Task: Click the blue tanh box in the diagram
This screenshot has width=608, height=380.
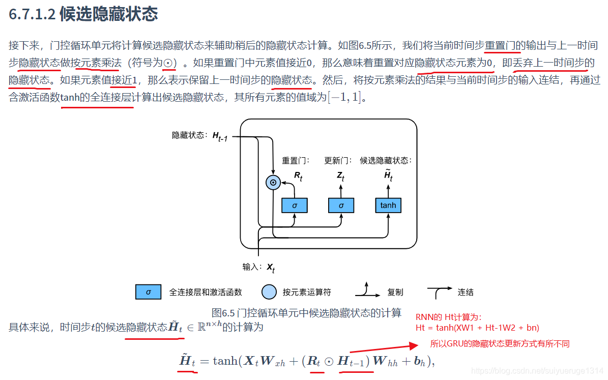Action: [388, 205]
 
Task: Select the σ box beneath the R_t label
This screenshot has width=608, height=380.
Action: [295, 205]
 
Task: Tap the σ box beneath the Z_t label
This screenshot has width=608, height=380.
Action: [341, 205]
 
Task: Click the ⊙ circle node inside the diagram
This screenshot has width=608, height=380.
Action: [273, 182]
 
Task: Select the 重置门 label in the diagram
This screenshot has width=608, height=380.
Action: [296, 161]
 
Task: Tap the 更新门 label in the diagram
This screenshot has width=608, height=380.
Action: [338, 161]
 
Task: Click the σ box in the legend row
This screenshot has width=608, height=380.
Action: [149, 292]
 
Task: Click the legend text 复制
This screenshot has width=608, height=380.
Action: [395, 292]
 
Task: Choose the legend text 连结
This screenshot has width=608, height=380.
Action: [466, 292]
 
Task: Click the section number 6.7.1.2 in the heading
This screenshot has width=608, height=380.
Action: [31, 15]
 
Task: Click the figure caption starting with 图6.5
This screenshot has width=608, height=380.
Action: [306, 312]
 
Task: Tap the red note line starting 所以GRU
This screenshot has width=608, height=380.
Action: [500, 344]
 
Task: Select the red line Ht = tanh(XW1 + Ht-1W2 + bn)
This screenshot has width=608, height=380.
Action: [477, 328]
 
